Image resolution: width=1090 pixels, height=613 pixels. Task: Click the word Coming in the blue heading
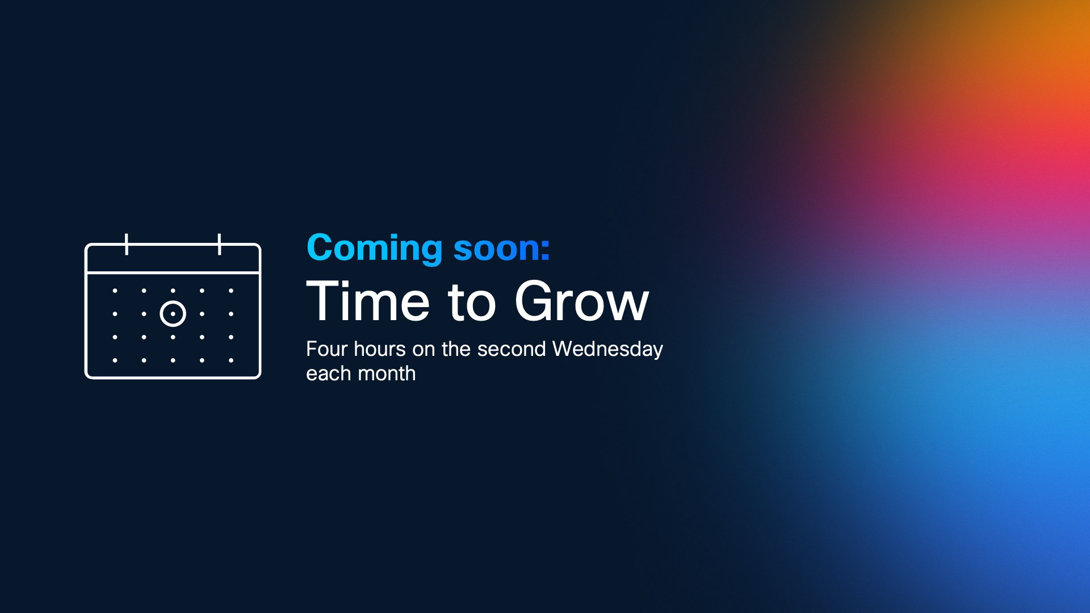[x=375, y=249]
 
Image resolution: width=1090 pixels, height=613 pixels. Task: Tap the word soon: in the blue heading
[x=502, y=249]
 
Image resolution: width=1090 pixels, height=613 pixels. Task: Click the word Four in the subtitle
[x=327, y=349]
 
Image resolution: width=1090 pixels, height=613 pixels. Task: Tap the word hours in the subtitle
[x=380, y=349]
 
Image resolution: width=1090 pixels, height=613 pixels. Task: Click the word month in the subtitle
[x=387, y=373]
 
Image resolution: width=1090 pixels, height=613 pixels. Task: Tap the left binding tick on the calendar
[x=127, y=244]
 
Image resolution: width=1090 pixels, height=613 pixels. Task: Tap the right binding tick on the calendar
[x=220, y=244]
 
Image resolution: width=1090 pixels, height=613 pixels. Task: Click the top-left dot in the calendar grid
[x=115, y=291]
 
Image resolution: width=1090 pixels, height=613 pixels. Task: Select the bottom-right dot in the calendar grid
[x=231, y=360]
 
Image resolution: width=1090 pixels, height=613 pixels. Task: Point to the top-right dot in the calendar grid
[x=231, y=291]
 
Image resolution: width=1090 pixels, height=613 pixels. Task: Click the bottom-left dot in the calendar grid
[x=115, y=360]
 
